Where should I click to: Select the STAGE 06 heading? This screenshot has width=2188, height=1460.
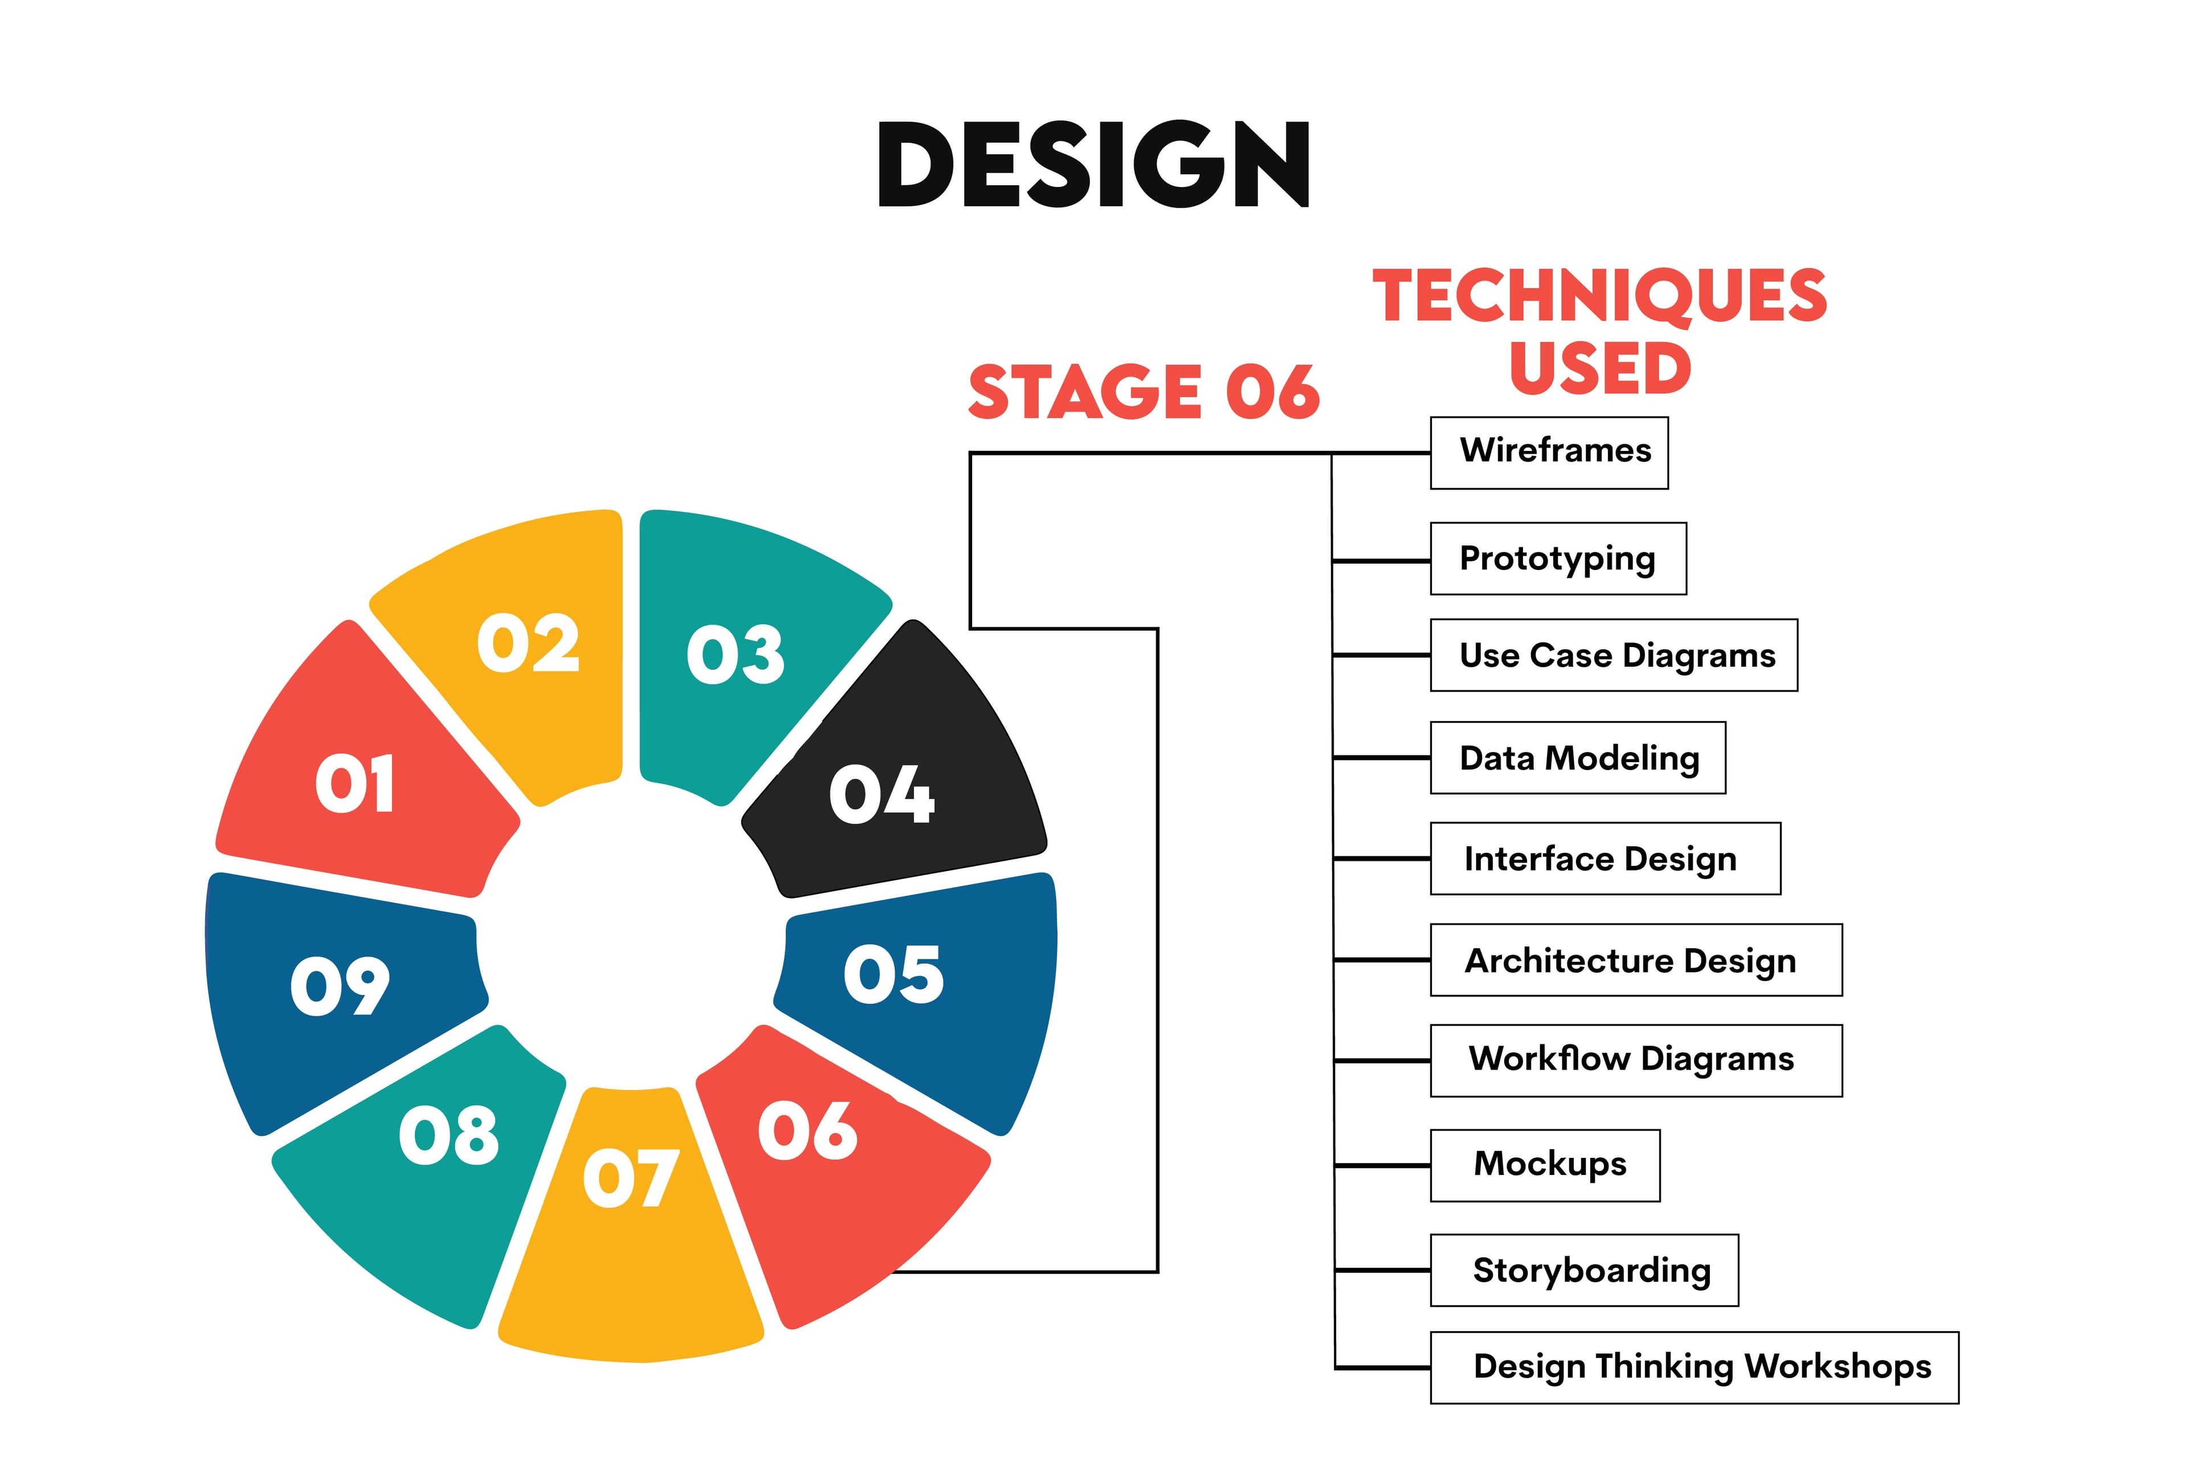1144,392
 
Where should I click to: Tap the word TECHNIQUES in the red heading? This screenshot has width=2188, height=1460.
1600,296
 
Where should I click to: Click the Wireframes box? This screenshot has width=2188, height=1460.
1549,453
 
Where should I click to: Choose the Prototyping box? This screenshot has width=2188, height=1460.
1558,559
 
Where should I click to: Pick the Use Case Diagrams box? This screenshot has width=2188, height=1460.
1614,656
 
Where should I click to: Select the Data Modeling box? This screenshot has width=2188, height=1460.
1578,758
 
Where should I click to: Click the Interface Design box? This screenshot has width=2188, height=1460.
1605,859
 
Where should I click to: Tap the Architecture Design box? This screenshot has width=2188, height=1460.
1635,960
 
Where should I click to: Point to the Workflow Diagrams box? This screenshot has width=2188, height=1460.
1635,1060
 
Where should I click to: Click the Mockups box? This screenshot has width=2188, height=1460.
1545,1165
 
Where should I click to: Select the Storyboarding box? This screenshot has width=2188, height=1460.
1584,1270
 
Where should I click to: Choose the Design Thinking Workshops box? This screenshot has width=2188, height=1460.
1694,1367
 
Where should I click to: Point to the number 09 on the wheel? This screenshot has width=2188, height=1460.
340,985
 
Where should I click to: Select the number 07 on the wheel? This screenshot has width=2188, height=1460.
631,1178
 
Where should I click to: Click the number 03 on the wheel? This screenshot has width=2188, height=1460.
735,654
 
